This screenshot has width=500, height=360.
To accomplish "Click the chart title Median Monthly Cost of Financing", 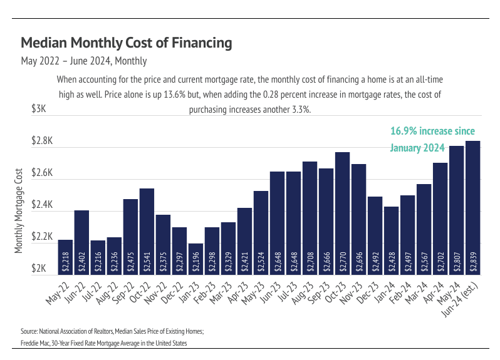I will [127, 43].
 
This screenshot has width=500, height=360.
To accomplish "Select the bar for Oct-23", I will [342, 213].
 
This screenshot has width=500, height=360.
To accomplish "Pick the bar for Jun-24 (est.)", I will [472, 207].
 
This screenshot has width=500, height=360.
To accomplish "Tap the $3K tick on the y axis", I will [39, 109].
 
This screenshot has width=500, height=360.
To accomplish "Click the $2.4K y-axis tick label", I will [41, 205].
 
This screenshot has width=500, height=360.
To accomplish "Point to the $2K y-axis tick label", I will [39, 269].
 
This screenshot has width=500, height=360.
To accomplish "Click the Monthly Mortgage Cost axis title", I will [19, 211].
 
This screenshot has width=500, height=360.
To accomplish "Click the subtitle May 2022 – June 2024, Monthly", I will [84, 61].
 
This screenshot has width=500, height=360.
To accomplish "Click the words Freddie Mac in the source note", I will [36, 344].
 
